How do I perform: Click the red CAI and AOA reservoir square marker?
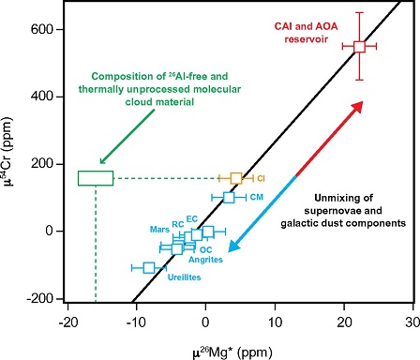click(x=359, y=46)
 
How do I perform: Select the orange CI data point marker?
click(x=236, y=177)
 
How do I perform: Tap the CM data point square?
click(x=229, y=197)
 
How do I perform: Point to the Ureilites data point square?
click(x=149, y=267)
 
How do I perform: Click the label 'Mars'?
click(x=159, y=229)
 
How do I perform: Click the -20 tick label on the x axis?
click(x=67, y=321)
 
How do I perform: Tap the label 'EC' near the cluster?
click(x=191, y=217)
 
